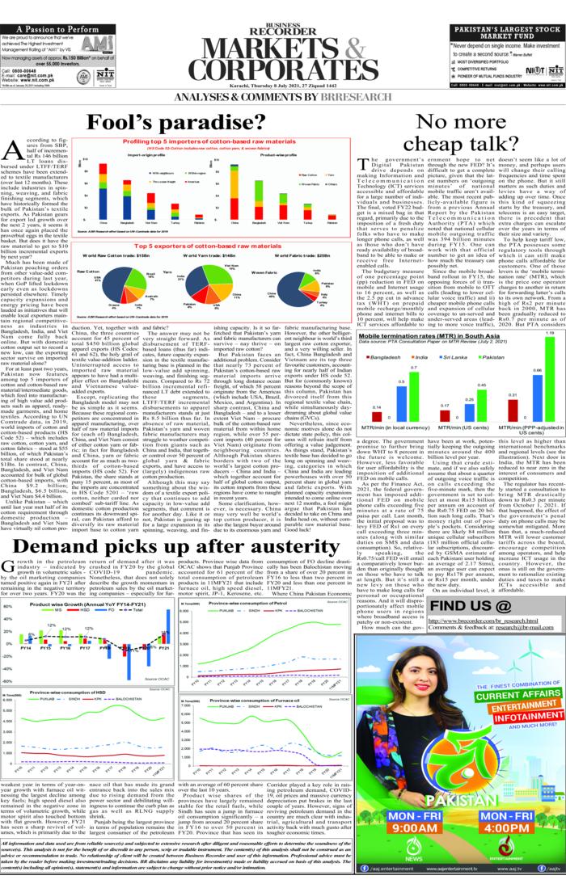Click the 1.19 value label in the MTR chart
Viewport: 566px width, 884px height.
pos(550,333)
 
